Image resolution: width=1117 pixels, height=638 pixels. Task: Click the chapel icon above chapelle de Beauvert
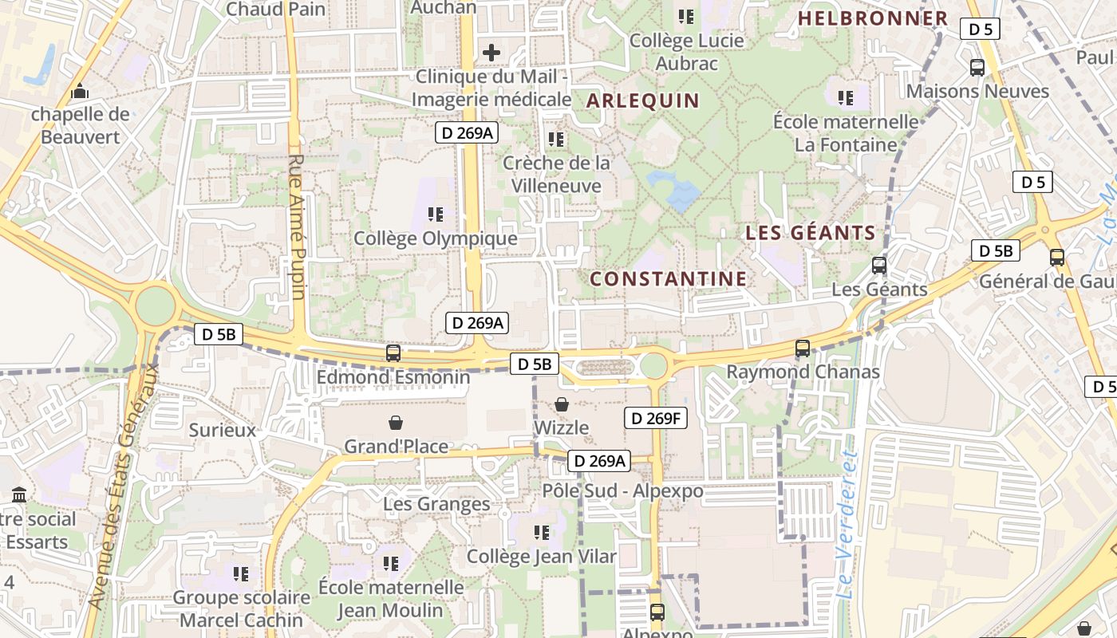coord(79,93)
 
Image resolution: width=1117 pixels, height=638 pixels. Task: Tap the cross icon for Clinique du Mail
coord(491,53)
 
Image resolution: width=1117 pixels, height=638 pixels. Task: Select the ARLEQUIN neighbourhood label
coord(643,100)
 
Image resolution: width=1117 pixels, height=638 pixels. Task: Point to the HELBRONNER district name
coord(873,18)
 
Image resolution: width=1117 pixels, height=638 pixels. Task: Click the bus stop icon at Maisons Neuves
coord(977,68)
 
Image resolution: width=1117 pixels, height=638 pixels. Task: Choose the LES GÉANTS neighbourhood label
coord(811,233)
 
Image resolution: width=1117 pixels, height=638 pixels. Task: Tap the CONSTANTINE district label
coord(669,278)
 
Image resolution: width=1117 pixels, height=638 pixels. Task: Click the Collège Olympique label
coord(436,238)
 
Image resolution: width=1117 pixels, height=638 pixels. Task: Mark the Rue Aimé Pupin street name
coord(297,227)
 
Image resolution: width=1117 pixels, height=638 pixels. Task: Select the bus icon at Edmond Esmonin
coord(393,352)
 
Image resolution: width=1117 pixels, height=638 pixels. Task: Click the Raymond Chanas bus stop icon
coord(803,349)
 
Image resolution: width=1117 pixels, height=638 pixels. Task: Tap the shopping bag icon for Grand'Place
coord(396,423)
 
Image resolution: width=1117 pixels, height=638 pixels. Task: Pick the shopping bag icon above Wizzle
coord(562,404)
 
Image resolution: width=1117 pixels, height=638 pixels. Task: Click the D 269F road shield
coord(655,418)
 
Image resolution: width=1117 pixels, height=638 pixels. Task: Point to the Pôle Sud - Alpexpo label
coord(622,490)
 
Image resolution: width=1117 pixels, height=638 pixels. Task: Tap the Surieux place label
coord(223,430)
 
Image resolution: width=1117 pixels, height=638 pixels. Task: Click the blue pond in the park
coord(675,190)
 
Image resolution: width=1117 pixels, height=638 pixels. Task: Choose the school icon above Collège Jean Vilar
coord(542,532)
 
